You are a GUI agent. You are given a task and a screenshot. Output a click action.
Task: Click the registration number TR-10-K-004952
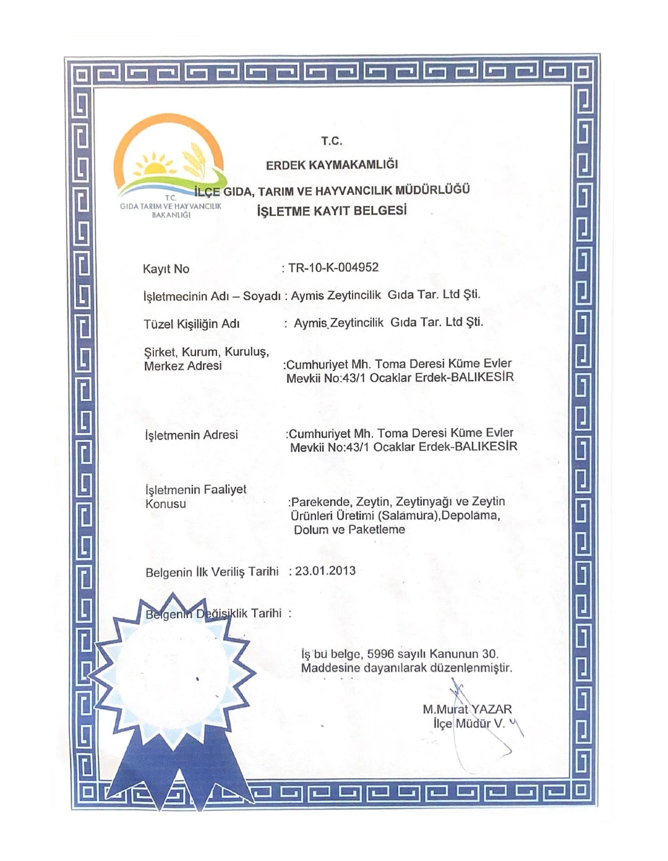[333, 268]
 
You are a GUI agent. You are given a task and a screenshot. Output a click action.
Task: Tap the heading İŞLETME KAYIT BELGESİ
[332, 211]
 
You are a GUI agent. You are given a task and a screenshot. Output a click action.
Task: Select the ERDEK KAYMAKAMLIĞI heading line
[332, 165]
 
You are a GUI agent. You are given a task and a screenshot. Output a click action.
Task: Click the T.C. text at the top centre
[332, 141]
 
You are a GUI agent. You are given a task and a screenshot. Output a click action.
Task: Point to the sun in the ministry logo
[155, 166]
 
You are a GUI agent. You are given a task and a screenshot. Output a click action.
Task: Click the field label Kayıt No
[166, 269]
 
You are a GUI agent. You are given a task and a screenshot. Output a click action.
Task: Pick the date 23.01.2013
[325, 571]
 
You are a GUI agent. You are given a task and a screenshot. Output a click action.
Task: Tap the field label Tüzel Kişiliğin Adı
[192, 324]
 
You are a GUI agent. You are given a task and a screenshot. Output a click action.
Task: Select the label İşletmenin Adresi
[191, 435]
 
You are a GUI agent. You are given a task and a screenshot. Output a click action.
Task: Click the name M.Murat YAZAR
[467, 709]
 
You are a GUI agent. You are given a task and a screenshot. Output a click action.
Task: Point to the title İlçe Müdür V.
[469, 724]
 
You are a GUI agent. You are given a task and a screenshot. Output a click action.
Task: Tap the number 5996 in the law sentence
[380, 654]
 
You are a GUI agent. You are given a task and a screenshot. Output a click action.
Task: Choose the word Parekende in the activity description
[320, 502]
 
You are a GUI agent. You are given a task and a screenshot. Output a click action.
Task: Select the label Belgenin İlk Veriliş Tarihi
[212, 572]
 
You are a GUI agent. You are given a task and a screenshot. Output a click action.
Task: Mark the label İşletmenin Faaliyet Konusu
[195, 496]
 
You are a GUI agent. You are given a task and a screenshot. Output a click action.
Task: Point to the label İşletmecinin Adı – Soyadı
[212, 296]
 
